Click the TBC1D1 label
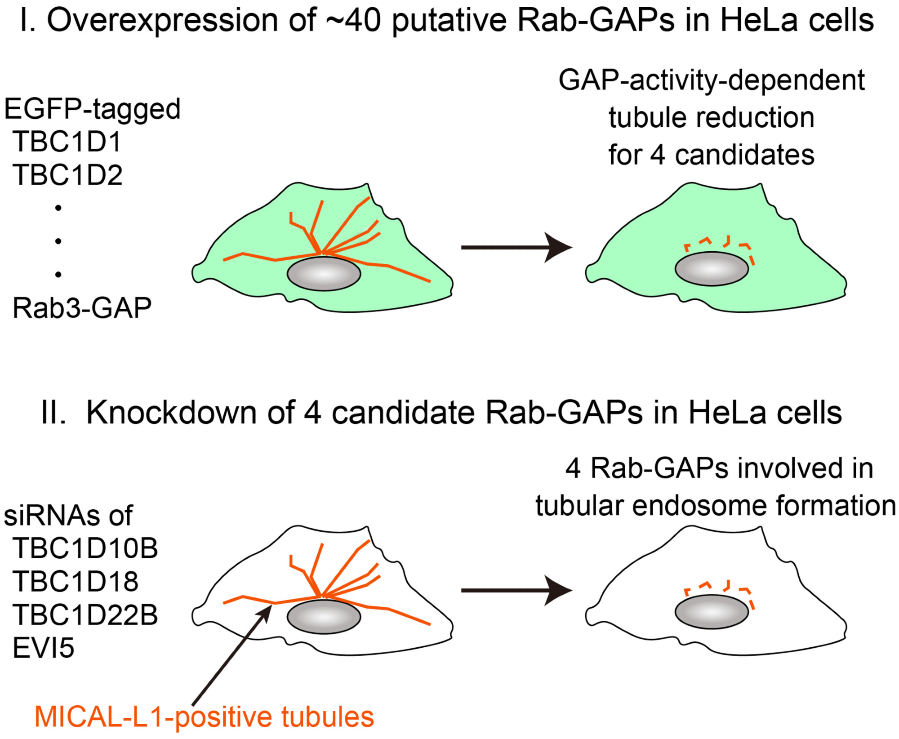pos(67,142)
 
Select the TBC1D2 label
pos(67,175)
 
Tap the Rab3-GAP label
pos(82,308)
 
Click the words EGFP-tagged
pos(92,109)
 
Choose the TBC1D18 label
pos(76,581)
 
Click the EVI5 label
pos(43,648)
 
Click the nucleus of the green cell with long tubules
pos(324,274)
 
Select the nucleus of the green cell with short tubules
pos(712,269)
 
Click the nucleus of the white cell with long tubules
pos(324,617)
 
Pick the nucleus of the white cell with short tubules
pos(712,612)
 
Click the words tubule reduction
pos(712,118)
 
